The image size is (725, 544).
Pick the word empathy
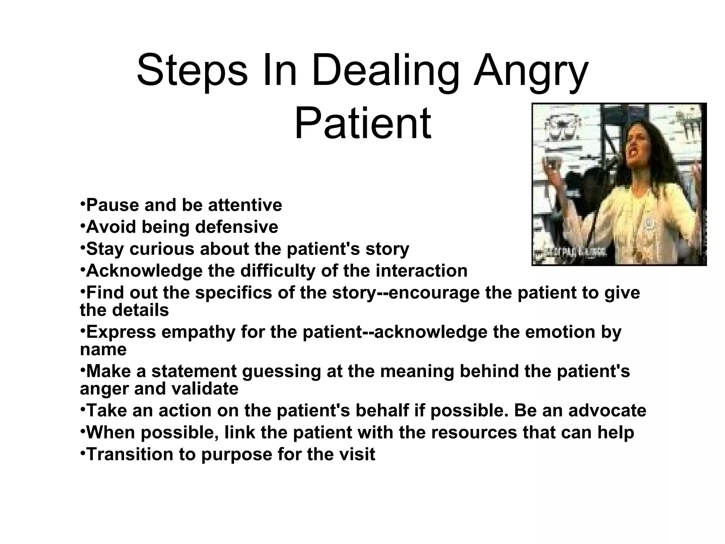point(199,332)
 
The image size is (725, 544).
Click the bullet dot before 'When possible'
point(82,431)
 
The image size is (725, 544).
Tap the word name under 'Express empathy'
point(103,350)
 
